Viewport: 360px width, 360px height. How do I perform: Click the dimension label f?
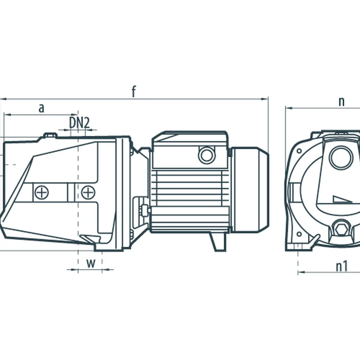pos(134,91)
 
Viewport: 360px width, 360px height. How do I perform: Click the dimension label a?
pos(41,108)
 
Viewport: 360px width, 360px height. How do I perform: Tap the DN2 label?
pos(79,122)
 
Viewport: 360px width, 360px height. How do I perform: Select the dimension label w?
pos(91,263)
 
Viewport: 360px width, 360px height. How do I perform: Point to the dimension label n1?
pos(342,266)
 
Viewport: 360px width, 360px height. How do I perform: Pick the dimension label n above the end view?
pos(342,101)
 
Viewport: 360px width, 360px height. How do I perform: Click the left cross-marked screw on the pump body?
pos(41,193)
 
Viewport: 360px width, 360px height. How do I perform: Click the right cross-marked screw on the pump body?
pos(88,193)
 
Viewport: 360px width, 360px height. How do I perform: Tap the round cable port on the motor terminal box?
pos(207,155)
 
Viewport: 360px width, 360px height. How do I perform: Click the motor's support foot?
pos(218,242)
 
